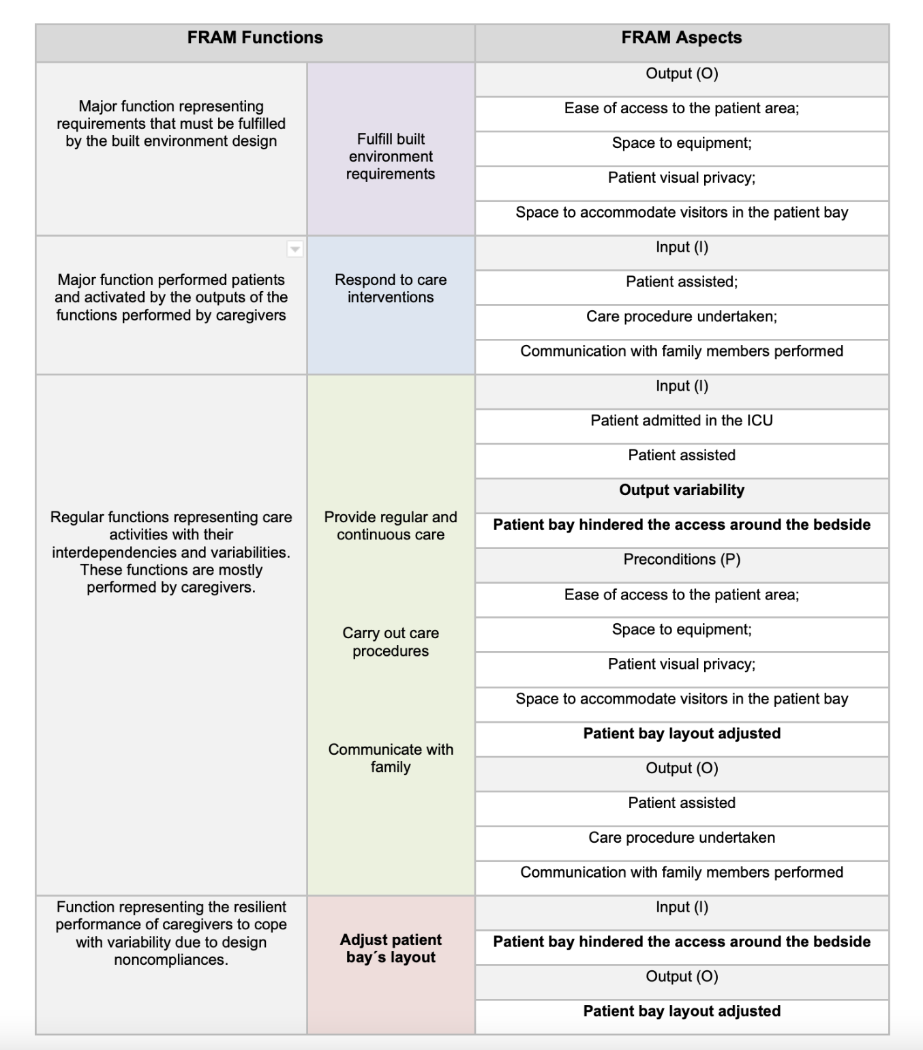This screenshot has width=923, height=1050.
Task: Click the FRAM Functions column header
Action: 255,38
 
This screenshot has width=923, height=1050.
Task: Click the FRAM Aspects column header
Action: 682,38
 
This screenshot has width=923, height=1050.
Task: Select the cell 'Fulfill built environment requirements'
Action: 391,157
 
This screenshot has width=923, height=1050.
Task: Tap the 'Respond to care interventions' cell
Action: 391,288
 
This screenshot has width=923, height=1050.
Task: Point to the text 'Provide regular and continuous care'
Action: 391,526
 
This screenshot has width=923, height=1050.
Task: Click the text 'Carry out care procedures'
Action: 391,642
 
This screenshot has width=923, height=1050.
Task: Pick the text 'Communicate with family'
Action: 391,757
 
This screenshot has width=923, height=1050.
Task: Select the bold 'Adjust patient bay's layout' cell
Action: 391,948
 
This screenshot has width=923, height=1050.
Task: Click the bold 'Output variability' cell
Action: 682,490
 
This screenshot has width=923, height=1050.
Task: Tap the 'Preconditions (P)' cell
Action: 682,560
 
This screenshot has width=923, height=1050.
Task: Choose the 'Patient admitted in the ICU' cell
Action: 682,421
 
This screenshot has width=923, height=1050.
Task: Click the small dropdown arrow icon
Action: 295,249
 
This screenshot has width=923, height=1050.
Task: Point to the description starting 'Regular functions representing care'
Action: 171,552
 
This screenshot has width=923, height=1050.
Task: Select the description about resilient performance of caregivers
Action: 171,933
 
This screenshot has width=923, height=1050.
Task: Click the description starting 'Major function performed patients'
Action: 171,297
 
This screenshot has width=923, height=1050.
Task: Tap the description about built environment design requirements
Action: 171,123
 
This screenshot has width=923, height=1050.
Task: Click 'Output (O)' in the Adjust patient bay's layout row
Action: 682,976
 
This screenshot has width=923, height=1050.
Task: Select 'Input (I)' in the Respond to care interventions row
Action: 682,247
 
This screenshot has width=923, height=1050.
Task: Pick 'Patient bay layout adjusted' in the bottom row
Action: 682,1011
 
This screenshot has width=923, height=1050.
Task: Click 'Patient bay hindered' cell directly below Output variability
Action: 682,525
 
